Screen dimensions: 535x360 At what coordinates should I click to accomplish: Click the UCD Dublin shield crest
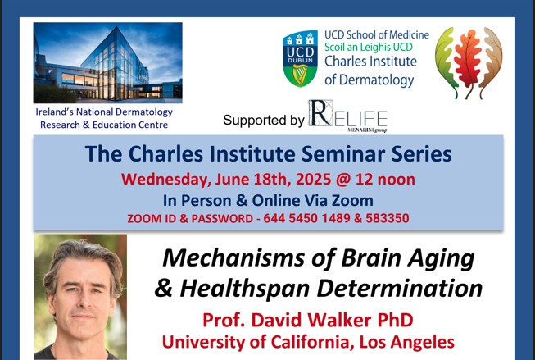[300, 58]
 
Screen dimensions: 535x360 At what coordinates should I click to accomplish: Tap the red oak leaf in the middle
[469, 62]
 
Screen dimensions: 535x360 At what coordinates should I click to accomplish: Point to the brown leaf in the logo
[490, 63]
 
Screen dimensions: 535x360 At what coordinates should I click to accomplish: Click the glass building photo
[108, 63]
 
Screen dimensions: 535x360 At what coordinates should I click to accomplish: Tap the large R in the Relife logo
[320, 113]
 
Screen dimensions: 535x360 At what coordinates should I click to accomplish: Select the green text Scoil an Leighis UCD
[369, 47]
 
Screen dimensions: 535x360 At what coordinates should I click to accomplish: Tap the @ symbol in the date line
[343, 180]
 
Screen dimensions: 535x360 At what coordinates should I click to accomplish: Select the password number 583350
[388, 218]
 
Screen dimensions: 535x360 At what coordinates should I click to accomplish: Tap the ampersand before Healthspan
[165, 288]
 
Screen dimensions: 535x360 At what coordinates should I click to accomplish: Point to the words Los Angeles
[406, 342]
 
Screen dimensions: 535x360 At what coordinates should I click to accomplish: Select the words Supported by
[264, 121]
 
